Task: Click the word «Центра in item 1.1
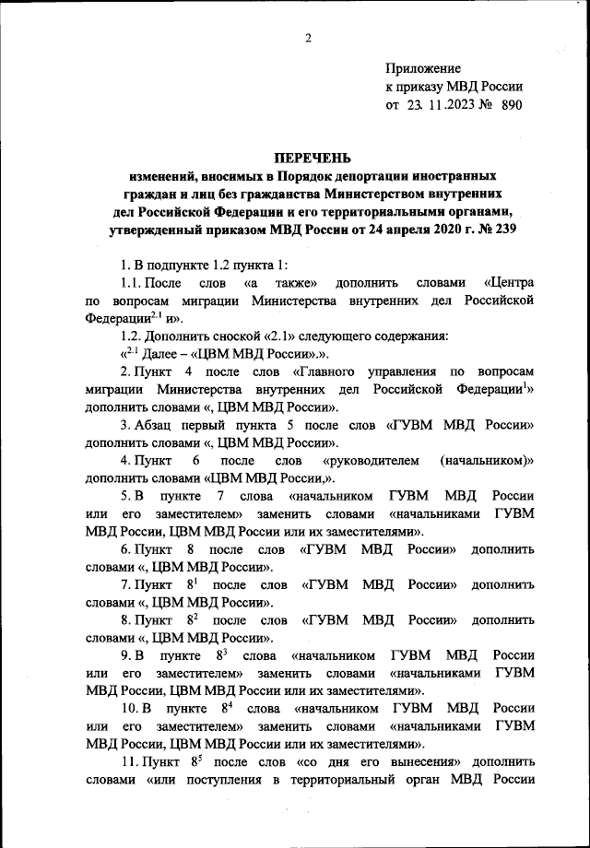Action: pyautogui.click(x=508, y=283)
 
